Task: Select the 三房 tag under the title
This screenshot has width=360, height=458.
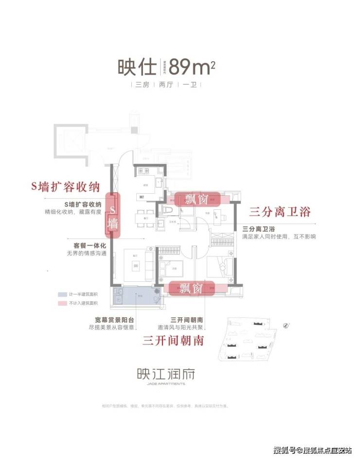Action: tap(143, 85)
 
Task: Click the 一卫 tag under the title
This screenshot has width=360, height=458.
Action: tap(189, 85)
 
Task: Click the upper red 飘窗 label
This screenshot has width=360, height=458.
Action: tap(198, 199)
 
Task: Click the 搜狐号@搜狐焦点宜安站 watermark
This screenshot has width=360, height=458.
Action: tap(313, 448)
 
